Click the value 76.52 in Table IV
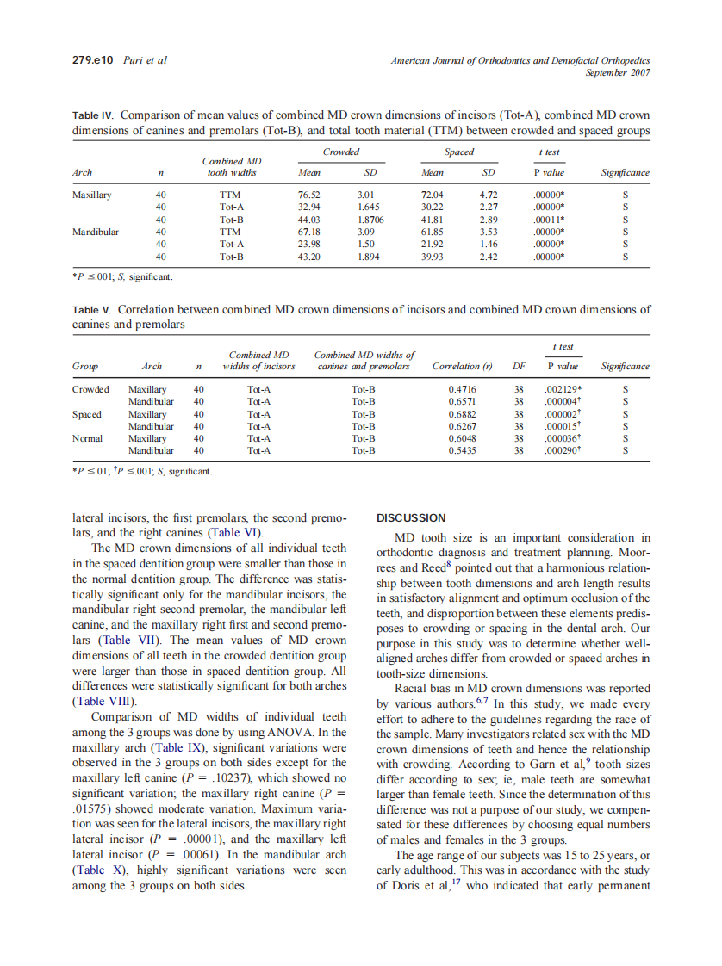[296, 195]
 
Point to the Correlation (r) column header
[462, 366]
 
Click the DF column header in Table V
[519, 366]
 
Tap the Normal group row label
[87, 437]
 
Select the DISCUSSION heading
[412, 518]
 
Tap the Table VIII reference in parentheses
[99, 701]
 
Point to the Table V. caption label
[90, 308]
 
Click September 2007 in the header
[618, 72]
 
